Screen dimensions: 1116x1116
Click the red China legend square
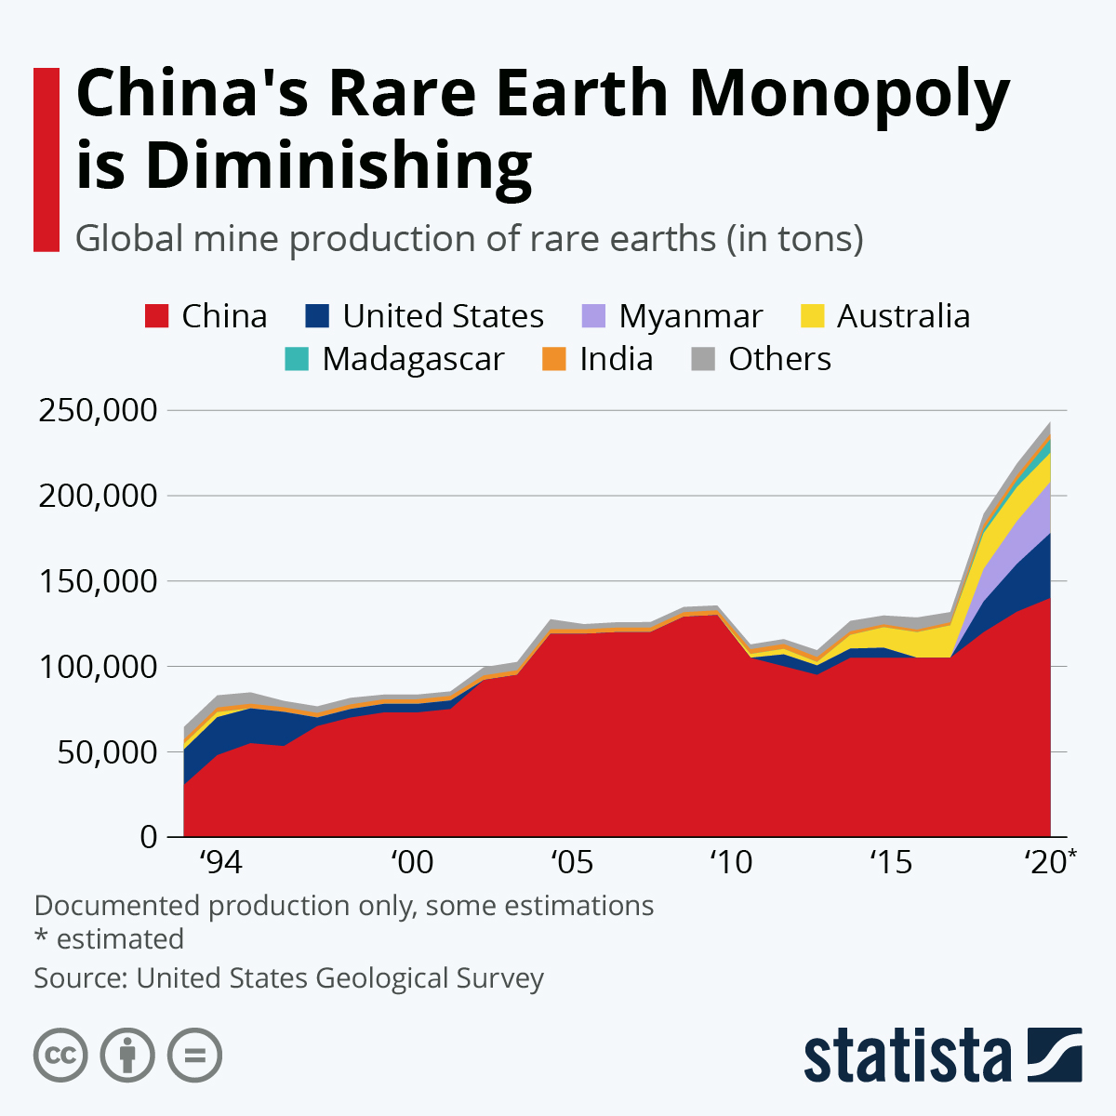tap(157, 316)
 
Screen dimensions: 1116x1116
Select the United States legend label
tap(443, 316)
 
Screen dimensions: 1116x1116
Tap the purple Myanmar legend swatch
tap(593, 316)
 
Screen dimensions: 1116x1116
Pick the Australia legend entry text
tap(903, 316)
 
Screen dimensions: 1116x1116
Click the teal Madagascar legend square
tap(297, 359)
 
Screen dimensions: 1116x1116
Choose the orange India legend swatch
tap(554, 359)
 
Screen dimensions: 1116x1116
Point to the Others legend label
tap(779, 359)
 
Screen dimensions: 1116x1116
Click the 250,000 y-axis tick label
tap(98, 410)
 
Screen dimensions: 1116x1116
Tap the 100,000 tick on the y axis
tap(98, 667)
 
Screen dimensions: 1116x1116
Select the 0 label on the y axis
tap(149, 837)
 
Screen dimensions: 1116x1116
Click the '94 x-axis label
tap(220, 863)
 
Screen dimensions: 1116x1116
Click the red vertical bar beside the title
tap(46, 159)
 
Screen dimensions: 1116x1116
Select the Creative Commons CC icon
tap(60, 1056)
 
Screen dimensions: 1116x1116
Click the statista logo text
tap(908, 1056)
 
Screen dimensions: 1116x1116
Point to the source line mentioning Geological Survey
tap(288, 978)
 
